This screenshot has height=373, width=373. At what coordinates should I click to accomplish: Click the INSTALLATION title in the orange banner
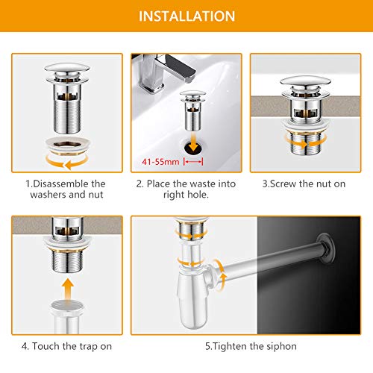186,16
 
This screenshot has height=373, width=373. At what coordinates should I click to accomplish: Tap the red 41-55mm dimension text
160,162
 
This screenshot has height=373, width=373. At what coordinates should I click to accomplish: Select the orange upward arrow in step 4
67,289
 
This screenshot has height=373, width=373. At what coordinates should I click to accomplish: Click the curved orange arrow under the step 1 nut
67,162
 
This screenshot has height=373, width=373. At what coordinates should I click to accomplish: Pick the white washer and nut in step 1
68,145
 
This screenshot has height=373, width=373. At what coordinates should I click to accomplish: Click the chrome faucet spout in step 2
179,67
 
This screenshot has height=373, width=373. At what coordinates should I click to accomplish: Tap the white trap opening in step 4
67,305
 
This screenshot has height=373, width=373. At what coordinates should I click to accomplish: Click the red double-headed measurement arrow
193,162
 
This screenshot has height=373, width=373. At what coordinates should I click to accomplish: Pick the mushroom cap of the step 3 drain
305,81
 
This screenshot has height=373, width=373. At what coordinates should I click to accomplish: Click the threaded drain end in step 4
67,261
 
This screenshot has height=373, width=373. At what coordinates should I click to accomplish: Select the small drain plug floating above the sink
193,110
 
